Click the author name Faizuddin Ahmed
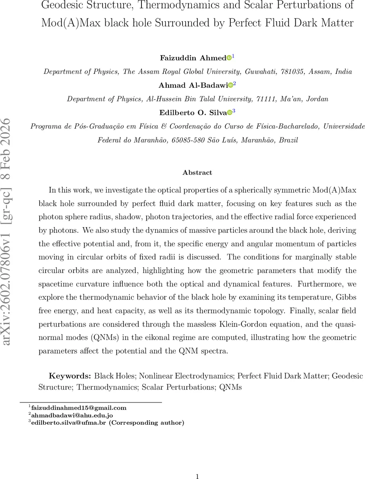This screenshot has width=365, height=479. tap(193, 58)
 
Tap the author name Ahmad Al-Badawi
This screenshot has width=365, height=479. tap(193, 85)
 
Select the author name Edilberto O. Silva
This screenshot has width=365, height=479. tap(193, 112)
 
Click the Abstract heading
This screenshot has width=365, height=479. tap(197, 173)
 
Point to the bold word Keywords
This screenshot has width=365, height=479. tap(70, 376)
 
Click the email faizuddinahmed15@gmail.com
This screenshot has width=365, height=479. tap(78, 408)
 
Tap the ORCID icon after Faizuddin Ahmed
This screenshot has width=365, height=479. tap(229, 58)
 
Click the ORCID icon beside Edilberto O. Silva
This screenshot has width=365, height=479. tap(230, 113)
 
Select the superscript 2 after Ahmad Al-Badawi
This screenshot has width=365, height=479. tap(235, 84)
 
